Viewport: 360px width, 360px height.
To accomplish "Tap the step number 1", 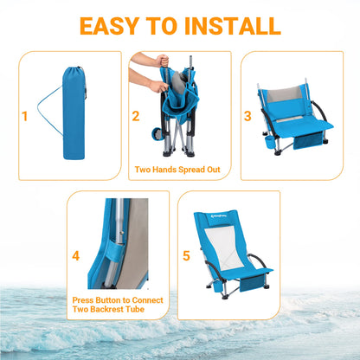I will coord(24,114).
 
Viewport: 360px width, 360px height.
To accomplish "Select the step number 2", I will coord(135,114).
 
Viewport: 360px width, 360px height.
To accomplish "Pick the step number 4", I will coord(76,256).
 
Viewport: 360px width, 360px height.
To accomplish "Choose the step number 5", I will coord(187,256).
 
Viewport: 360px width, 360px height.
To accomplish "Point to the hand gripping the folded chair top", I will coord(162,61).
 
